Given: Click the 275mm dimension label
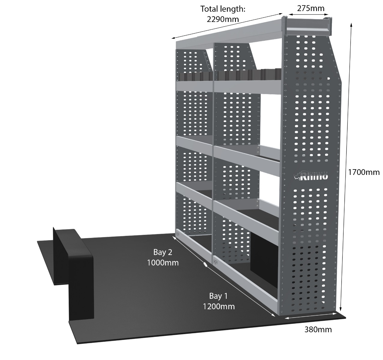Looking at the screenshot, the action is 310,8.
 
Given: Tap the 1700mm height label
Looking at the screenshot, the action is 364,172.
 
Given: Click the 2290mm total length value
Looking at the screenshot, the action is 223,19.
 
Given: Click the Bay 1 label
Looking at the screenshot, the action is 218,296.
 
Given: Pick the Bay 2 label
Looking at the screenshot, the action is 163,252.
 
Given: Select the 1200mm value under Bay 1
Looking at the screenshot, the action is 219,306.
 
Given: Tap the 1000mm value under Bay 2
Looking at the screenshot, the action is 163,262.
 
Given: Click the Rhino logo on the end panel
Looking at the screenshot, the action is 310,176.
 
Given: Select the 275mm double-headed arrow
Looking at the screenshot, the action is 308,14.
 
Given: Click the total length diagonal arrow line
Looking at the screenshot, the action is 227,26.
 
